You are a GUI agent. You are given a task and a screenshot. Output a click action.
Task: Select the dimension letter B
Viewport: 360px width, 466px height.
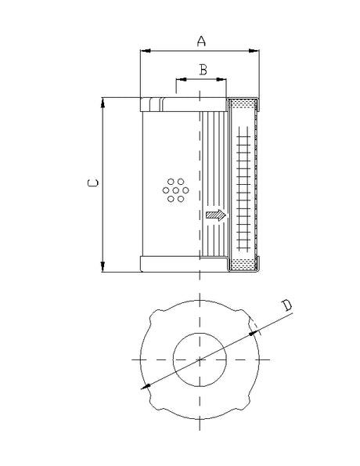(203, 70)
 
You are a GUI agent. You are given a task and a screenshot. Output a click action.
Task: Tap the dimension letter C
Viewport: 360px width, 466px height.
(92, 183)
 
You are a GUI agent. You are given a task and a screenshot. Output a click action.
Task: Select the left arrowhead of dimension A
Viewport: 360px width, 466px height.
(144, 52)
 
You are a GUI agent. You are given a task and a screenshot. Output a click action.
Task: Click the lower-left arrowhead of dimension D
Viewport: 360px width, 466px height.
(145, 386)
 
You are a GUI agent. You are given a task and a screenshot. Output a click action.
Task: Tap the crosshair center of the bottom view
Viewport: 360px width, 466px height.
(200, 359)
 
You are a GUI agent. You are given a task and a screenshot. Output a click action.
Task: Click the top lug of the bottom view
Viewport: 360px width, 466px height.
(200, 301)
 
